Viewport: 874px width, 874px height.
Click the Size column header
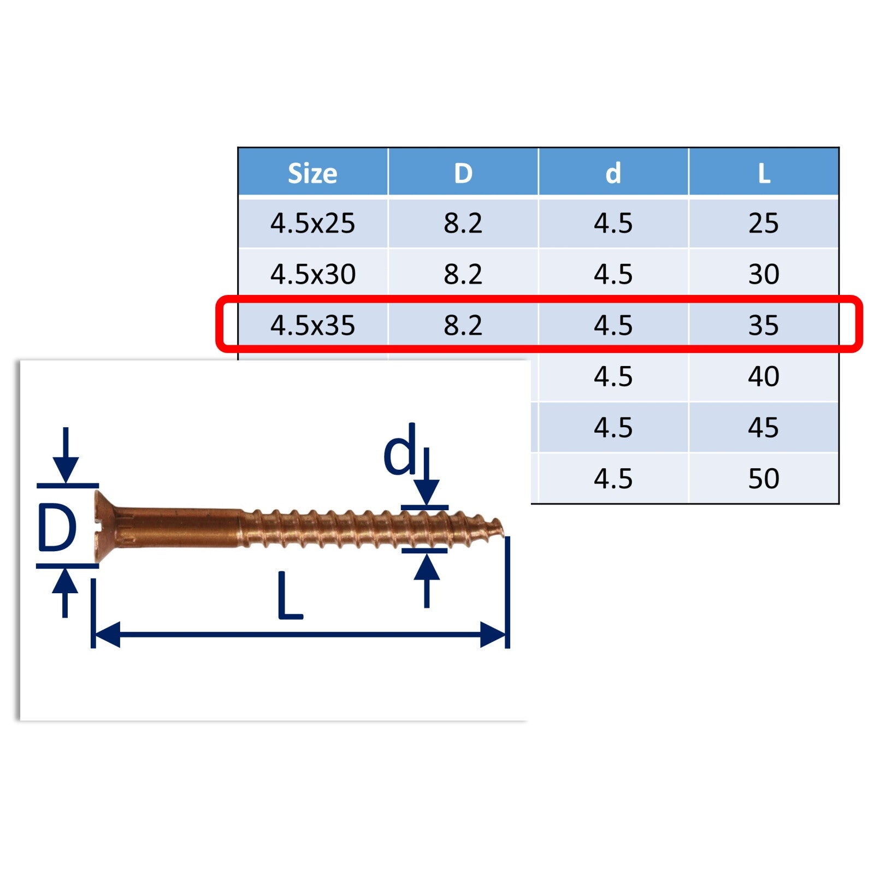(x=312, y=174)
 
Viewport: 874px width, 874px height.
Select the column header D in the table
(x=463, y=174)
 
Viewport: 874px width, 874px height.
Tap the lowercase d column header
(x=613, y=173)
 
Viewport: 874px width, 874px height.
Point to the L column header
(x=764, y=174)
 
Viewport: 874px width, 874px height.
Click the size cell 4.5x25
(x=312, y=223)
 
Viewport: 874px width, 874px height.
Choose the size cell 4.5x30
(x=312, y=274)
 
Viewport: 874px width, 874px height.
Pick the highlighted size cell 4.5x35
(x=312, y=326)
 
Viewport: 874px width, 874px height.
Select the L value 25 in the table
(x=764, y=223)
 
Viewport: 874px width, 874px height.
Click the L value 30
(x=764, y=274)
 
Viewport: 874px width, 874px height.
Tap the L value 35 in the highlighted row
(x=764, y=326)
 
